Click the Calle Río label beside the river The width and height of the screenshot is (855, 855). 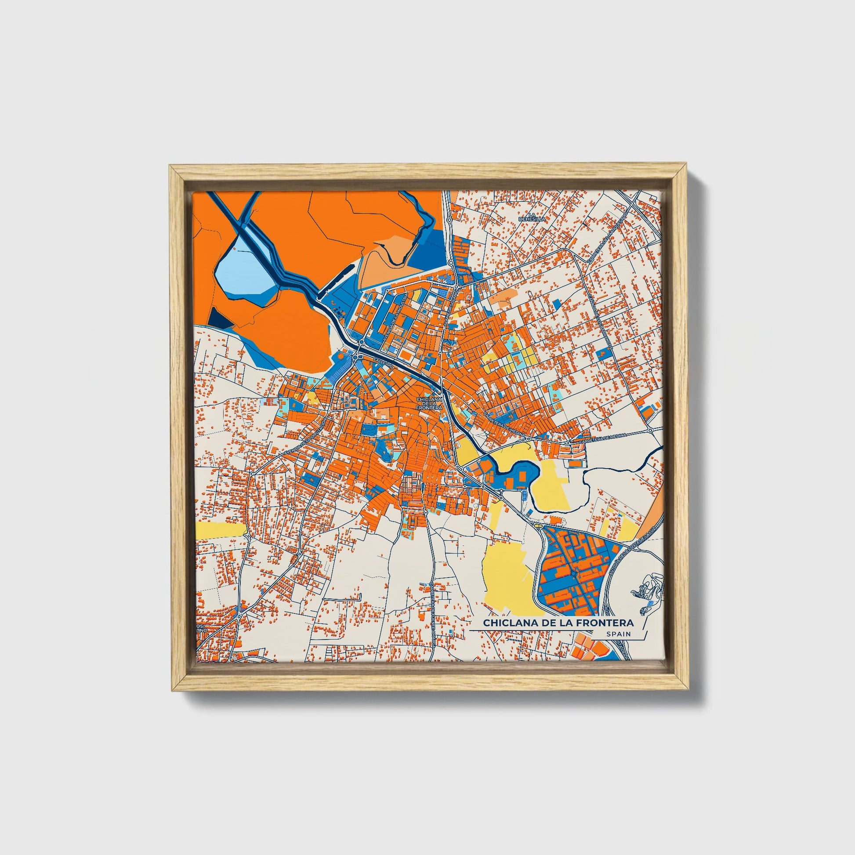pos(383,362)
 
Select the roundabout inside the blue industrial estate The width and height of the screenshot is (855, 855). pos(573,574)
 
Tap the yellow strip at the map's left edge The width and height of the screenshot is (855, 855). pos(220,530)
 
